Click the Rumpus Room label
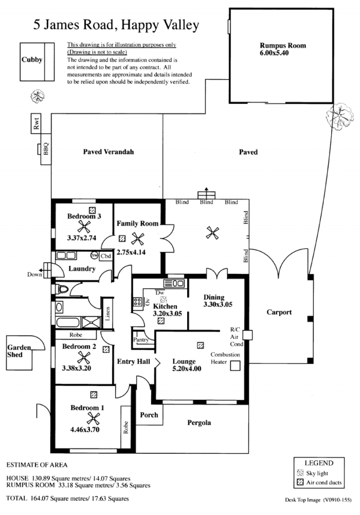point(283,46)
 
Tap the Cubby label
point(32,60)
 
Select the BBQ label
point(45,148)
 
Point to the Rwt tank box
point(36,124)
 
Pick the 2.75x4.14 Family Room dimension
point(131,252)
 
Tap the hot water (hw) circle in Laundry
point(94,255)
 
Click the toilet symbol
point(62,289)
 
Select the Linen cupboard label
point(108,313)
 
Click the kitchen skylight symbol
point(163,300)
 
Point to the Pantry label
point(141,340)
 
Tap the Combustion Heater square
point(235,366)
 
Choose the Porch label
point(149,415)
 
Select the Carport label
point(279,312)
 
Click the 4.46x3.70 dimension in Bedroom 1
point(85,429)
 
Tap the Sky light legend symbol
point(300,473)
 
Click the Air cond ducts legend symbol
point(300,482)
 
